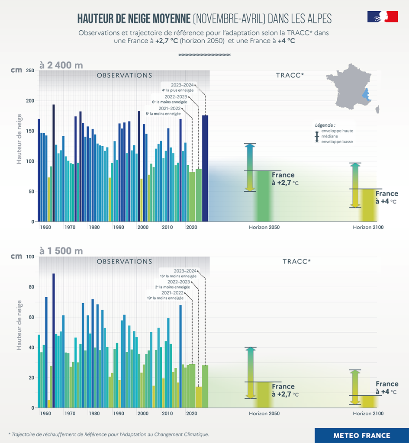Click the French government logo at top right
point(382,17)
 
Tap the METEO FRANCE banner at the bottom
point(362,436)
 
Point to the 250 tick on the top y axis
point(29,71)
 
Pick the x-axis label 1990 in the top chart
point(119,227)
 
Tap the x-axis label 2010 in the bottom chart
point(167,413)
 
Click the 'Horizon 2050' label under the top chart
point(264,227)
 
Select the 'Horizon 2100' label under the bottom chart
point(368,413)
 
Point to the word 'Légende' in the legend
point(325,125)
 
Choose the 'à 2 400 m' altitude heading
point(61,65)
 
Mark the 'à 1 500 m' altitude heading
point(61,251)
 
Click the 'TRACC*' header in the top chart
point(290,75)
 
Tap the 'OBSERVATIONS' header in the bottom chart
point(124,261)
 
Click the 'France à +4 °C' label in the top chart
point(386,197)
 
